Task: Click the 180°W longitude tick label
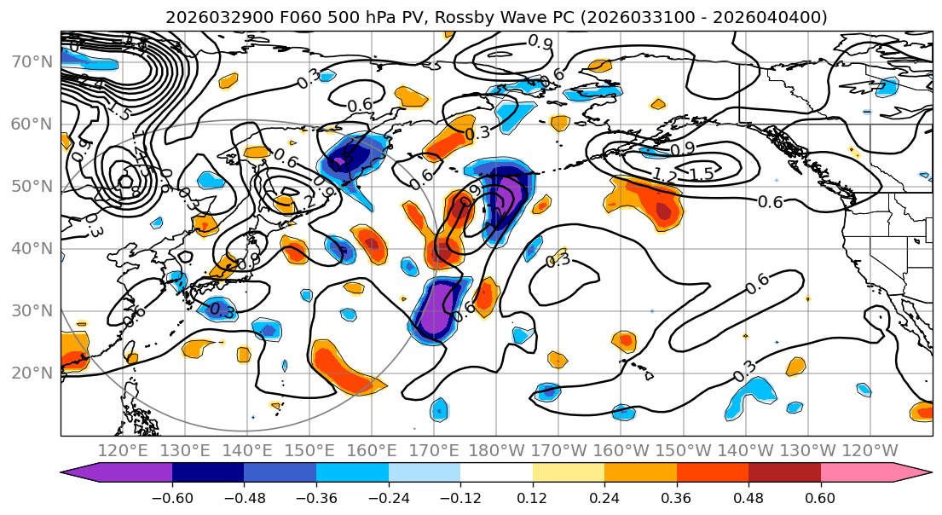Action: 497,450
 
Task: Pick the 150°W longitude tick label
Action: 684,450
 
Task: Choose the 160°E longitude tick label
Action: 373,450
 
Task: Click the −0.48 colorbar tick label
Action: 244,497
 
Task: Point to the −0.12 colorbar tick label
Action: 460,497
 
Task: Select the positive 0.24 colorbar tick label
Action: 604,497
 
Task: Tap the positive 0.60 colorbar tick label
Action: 821,497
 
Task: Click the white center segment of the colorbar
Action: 496,473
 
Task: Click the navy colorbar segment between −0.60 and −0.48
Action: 208,473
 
